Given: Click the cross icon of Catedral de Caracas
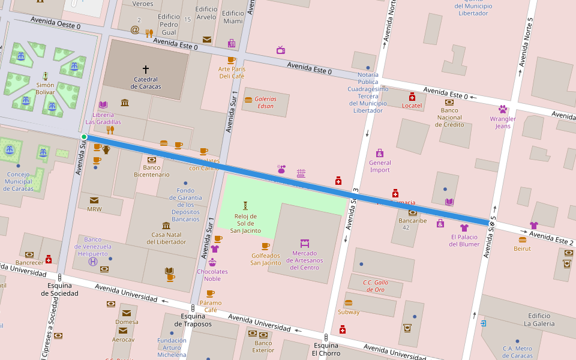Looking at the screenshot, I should point(145,70).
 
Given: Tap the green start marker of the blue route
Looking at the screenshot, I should point(84,137).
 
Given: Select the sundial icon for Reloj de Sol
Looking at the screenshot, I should point(245,206).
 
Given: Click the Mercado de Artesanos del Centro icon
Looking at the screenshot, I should point(305,243).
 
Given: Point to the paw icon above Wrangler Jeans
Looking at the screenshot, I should point(503,109).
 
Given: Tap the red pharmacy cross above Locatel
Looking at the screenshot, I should point(412,97).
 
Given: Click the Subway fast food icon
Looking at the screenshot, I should point(349,303).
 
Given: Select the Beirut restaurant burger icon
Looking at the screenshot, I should point(522,239).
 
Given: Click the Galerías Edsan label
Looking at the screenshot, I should point(265,103).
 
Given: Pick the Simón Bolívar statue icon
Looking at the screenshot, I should point(45,76).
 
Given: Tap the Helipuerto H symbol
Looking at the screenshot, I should point(93,261).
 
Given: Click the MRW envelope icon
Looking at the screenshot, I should point(94,200).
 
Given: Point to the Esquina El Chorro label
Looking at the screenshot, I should point(326,349).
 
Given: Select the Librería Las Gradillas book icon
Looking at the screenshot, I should point(103,105).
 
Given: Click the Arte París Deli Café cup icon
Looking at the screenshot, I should point(231,60).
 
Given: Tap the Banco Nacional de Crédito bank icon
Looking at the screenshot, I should point(449,102).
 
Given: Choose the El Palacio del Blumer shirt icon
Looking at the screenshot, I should point(464,227).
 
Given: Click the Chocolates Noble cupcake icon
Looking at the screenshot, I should point(212,262).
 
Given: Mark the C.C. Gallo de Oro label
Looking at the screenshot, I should point(376,286).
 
